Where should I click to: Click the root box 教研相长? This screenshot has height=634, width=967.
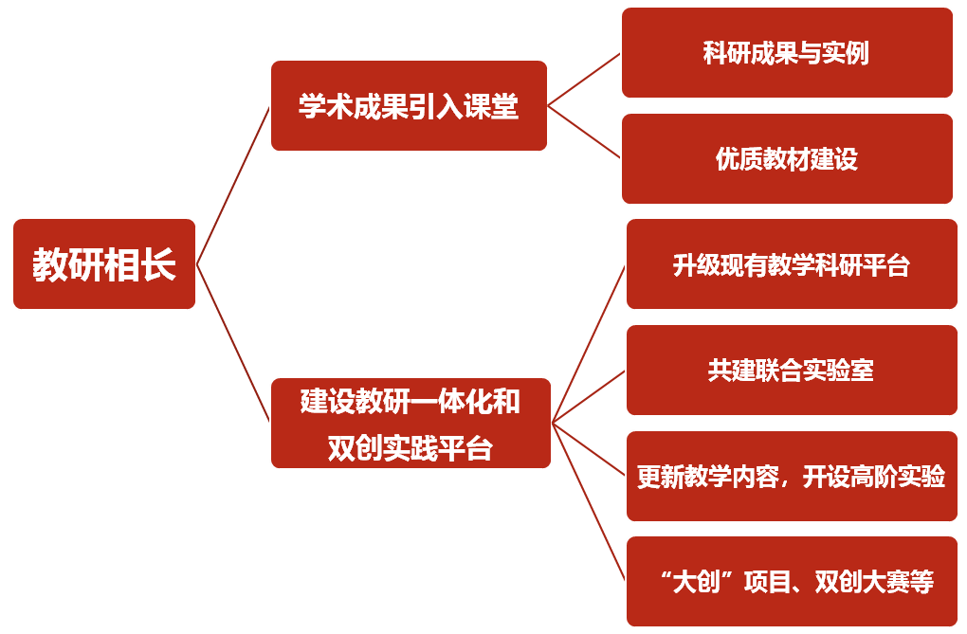click(104, 264)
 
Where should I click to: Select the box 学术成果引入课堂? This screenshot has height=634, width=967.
click(409, 106)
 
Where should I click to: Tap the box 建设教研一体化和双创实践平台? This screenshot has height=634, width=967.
click(411, 423)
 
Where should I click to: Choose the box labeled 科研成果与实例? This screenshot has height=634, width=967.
click(787, 53)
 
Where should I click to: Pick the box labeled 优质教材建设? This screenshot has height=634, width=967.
click(787, 159)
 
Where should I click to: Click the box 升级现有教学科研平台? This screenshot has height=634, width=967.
click(792, 264)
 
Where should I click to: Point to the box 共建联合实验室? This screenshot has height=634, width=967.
click(792, 370)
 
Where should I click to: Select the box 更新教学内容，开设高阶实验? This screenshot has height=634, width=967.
click(792, 476)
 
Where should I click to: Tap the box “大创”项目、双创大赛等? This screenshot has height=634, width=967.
click(792, 581)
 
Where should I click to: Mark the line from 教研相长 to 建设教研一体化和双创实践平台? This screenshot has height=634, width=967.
click(233, 343)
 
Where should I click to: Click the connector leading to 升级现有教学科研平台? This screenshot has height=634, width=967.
click(588, 343)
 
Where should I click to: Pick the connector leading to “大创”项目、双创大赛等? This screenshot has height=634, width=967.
click(588, 502)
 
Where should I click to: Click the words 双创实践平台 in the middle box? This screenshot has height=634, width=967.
click(411, 446)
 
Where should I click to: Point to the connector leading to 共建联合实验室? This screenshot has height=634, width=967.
click(588, 396)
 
